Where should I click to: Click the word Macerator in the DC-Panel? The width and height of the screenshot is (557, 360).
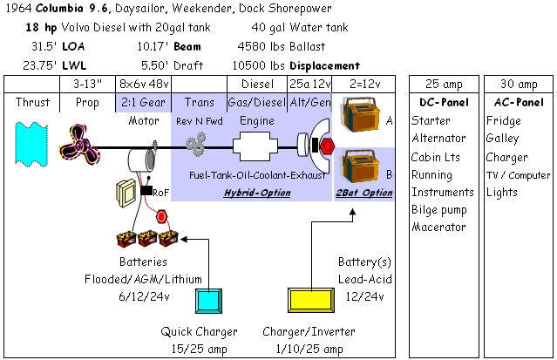coord(438,227)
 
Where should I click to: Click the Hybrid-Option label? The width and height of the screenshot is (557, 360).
coord(257,193)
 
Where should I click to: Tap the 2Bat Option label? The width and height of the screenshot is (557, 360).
coord(364,193)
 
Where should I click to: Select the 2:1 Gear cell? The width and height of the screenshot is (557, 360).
coord(144,102)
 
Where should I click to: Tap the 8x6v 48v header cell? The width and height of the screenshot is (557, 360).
coord(144,84)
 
